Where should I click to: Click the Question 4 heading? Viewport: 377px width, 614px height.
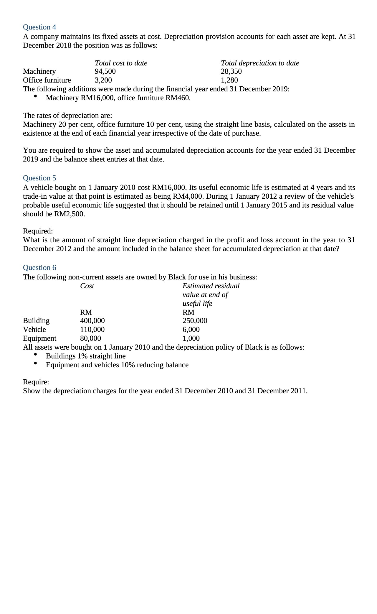tap(39, 27)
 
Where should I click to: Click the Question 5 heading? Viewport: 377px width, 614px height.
tap(39, 178)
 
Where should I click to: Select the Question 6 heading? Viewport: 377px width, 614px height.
tap(39, 268)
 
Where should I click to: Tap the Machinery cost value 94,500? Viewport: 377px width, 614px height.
tap(105, 71)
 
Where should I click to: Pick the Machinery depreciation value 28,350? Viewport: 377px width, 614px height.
tap(231, 71)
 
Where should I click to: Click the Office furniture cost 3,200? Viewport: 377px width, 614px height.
tap(103, 80)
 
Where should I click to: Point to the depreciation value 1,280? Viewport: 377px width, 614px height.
tap(229, 80)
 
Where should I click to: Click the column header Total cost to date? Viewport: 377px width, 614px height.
tap(121, 63)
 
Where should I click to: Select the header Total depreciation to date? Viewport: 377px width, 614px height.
tap(260, 63)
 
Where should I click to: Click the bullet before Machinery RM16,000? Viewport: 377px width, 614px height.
tap(36, 96)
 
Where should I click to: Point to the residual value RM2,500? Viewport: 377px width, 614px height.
tap(70, 214)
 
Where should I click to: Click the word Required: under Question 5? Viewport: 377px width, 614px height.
tap(38, 231)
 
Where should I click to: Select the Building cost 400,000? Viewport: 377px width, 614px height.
tap(92, 321)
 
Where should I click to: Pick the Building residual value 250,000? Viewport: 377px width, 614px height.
tap(195, 321)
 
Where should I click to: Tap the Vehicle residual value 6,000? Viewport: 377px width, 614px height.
tap(191, 330)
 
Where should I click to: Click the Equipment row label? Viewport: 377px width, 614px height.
tap(39, 338)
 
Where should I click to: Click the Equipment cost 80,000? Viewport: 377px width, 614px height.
tap(90, 338)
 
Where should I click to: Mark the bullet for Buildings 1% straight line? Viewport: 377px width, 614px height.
tap(36, 355)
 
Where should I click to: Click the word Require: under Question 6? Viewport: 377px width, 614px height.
tap(36, 382)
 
